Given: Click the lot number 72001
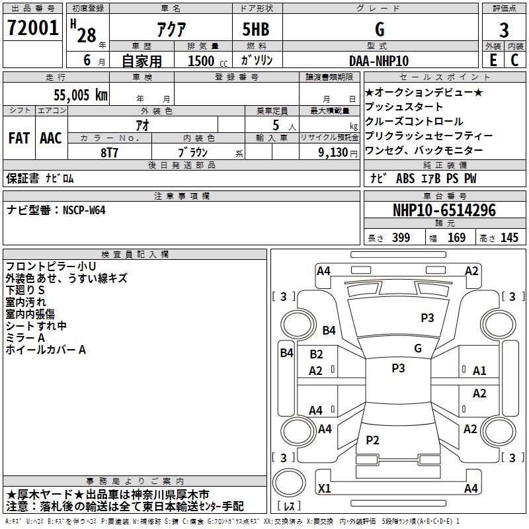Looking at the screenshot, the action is pyautogui.click(x=32, y=28).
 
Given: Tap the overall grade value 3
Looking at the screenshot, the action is pyautogui.click(x=504, y=30).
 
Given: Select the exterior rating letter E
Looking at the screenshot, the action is pyautogui.click(x=493, y=60).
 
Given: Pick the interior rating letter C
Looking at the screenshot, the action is pyautogui.click(x=514, y=60).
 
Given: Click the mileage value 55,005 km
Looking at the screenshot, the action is pyautogui.click(x=81, y=95).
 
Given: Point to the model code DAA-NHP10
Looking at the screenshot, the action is pyautogui.click(x=379, y=61).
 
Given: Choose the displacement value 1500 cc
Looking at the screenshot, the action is pyautogui.click(x=208, y=61).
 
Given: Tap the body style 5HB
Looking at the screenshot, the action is pyautogui.click(x=256, y=29).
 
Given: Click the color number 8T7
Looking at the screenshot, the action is pyautogui.click(x=109, y=153).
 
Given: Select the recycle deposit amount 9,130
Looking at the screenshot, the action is pyautogui.click(x=333, y=152).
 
